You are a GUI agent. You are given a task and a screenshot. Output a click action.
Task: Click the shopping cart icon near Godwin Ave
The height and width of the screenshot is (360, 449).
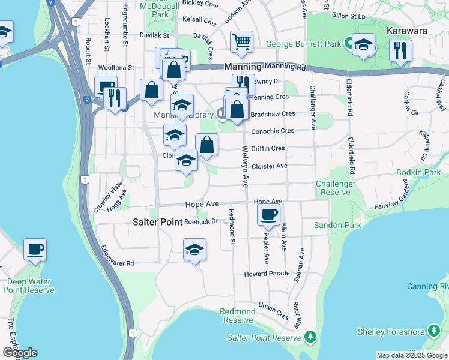click(241, 42)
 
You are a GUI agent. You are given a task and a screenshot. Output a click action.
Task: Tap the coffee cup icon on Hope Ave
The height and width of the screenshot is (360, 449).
click(268, 214)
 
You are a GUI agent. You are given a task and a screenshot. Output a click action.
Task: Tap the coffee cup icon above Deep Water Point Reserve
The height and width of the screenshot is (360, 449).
click(35, 249)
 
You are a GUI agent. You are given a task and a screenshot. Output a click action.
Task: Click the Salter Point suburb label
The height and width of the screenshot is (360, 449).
click(157, 222)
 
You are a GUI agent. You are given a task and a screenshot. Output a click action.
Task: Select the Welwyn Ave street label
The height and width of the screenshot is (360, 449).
click(245, 167)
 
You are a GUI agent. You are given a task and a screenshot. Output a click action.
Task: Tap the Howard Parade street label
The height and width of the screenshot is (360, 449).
click(267, 274)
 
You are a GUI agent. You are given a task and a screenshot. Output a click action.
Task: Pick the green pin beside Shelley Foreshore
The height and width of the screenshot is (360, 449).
click(433, 331)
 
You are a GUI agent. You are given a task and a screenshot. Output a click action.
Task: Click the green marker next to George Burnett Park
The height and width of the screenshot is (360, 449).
click(348, 44)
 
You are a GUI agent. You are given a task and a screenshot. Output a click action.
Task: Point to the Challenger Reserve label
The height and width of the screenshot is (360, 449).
click(336, 188)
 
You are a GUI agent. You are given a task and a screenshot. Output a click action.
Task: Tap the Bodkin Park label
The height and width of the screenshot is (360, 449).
click(418, 172)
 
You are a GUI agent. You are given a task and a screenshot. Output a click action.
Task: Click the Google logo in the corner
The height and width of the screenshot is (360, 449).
click(19, 353)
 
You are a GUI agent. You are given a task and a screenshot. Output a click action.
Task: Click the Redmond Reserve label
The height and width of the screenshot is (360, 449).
click(238, 316)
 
